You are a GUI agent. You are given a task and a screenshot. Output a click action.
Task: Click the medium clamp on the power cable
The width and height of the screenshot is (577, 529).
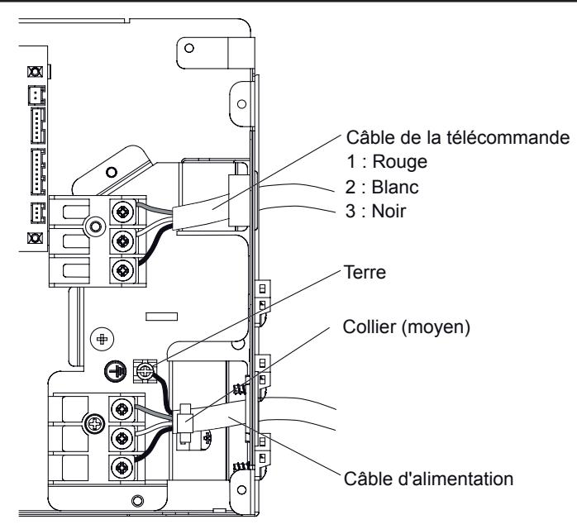[184, 420]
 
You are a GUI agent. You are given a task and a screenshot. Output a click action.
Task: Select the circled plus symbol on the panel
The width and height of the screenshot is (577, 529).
[103, 340]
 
